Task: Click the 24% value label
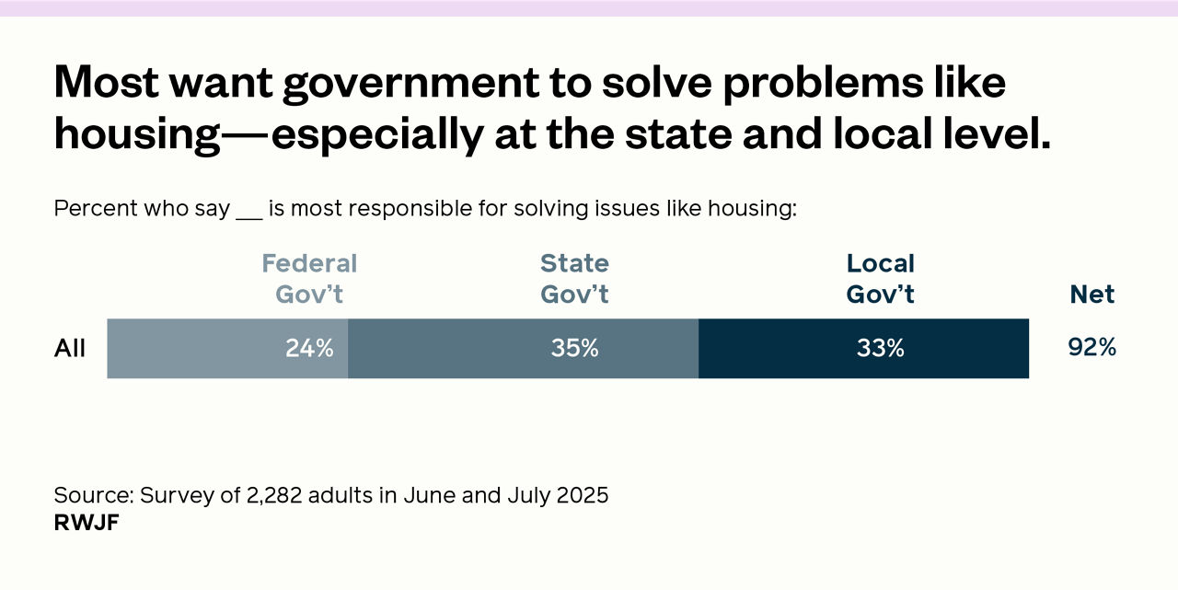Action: pos(309,349)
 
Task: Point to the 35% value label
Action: pos(575,349)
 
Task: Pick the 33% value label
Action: pos(881,349)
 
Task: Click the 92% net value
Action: pos(1092,348)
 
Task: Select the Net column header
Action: pos(1092,295)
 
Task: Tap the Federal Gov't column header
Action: pos(309,279)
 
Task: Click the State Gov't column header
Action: pos(575,279)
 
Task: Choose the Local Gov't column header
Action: pos(881,279)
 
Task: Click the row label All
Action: pos(70,349)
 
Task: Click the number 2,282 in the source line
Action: pos(274,495)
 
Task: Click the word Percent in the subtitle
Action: pos(92,209)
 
